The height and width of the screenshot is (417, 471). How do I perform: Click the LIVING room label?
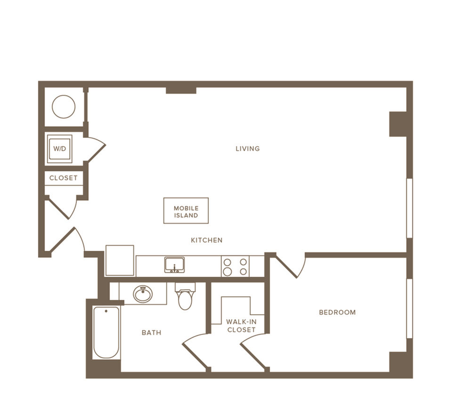click(x=248, y=149)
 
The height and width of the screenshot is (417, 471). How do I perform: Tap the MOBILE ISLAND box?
click(x=186, y=210)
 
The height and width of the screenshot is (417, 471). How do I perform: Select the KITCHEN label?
click(x=207, y=240)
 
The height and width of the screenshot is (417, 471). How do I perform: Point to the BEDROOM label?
click(x=337, y=312)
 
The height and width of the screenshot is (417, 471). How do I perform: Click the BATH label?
click(x=151, y=333)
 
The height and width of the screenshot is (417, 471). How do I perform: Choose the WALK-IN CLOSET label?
click(x=241, y=326)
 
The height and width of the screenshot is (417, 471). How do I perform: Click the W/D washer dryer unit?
click(x=59, y=149)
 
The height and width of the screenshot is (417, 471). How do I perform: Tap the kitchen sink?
click(x=175, y=265)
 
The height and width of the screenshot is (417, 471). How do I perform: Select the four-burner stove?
click(x=235, y=266)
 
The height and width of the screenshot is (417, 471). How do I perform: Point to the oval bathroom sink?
click(x=143, y=294)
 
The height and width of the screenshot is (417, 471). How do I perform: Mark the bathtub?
click(x=106, y=333)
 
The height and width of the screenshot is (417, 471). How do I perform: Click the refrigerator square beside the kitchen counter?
click(x=120, y=260)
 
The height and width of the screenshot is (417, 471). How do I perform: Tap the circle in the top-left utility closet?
click(x=64, y=107)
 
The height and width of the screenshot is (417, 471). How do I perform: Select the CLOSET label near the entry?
click(x=64, y=178)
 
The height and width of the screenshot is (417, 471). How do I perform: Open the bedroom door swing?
click(x=291, y=266)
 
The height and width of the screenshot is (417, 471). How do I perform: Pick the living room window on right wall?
click(x=409, y=208)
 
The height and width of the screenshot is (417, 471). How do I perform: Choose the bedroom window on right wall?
click(x=409, y=309)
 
